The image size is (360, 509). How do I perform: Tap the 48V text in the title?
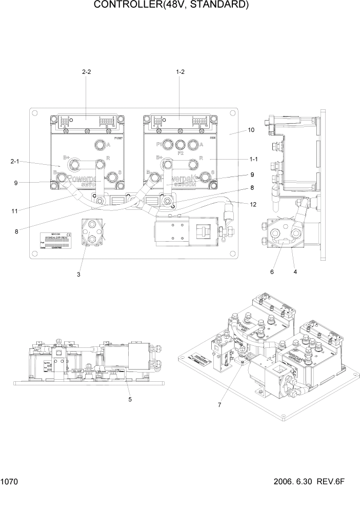tap(173, 6)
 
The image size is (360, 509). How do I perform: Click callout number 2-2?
tap(86, 72)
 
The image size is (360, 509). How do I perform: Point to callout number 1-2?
tap(180, 72)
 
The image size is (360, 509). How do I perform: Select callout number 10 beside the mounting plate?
tap(251, 130)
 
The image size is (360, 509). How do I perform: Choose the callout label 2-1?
tap(15, 162)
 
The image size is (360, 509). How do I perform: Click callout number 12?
tap(252, 205)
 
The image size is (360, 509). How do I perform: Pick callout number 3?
tap(78, 275)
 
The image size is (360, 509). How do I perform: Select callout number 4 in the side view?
tap(296, 272)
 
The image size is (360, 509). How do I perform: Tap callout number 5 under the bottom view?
tap(129, 399)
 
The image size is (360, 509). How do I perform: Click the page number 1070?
tap(10, 482)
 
